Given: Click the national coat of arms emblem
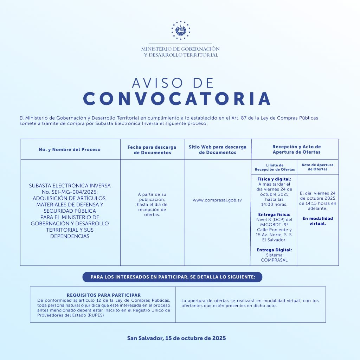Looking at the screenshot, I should (180, 30).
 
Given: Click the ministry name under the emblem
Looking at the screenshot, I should (180, 52).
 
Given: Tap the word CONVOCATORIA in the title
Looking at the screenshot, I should (177, 99).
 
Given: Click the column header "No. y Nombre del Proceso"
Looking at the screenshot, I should (70, 149).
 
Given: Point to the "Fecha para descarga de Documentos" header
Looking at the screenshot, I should (152, 150).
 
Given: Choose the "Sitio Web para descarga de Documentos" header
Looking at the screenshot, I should (217, 150).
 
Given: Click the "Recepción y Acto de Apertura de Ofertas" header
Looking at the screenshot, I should (296, 149).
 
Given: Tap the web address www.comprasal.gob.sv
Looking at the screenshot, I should (217, 200).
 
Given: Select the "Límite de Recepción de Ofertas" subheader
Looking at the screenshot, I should (275, 167).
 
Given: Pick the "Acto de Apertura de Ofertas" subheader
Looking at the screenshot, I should (317, 167).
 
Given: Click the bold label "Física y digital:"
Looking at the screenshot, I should (274, 179).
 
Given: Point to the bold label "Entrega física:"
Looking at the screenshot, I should (274, 214).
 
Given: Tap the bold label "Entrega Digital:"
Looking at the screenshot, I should (274, 250).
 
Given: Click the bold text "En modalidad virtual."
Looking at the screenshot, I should (317, 221).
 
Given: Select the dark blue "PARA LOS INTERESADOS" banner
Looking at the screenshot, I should (172, 277).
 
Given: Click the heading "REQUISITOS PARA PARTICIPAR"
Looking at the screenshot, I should (104, 295).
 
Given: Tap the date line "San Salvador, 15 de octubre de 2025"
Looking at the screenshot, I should (176, 338).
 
